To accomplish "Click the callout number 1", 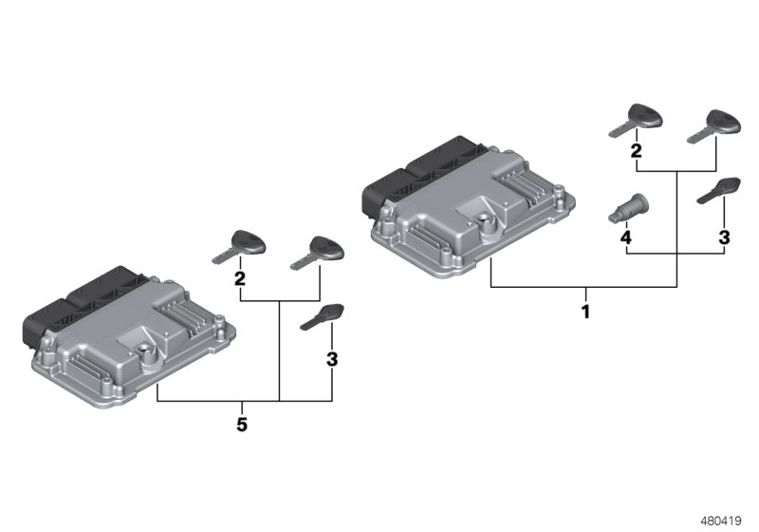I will (585, 311).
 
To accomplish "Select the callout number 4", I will (625, 236).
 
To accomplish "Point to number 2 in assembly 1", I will (636, 151).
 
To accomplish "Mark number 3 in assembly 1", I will (723, 236).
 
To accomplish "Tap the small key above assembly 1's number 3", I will (717, 190).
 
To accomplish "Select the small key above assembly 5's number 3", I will (322, 316).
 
